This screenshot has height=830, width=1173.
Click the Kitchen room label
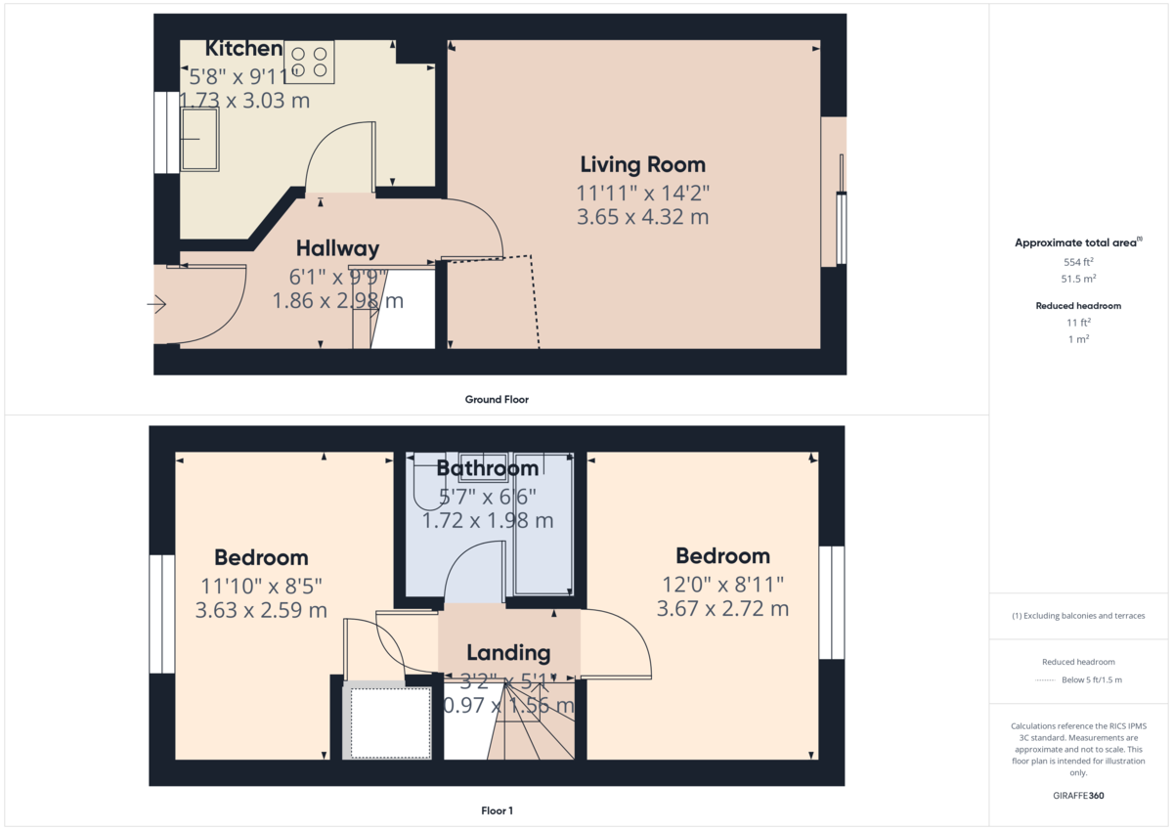pos(243,49)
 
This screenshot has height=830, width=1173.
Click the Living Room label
pos(642,164)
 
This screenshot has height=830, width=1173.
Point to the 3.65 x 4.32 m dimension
pos(642,216)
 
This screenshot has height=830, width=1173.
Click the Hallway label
pos(337,248)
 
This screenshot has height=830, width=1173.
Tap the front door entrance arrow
pos(157,305)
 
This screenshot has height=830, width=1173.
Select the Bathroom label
pos(488,468)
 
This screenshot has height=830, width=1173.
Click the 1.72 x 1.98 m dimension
pos(488,521)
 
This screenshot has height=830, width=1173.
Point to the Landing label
pos(508,652)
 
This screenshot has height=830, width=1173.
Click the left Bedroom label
pos(261,557)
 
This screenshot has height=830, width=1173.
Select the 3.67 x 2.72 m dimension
pos(722,608)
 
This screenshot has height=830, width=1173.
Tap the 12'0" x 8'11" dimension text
pos(722,584)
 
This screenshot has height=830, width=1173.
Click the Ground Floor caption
pos(497,399)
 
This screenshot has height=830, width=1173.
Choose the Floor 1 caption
pos(497,810)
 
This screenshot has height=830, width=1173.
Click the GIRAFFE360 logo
pos(1078,796)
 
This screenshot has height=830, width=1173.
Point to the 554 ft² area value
pos(1078,262)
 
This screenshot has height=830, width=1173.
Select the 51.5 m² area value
pos(1078,279)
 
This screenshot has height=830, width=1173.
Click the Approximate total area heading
pos(1077,242)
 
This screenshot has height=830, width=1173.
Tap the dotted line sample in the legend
pos(1047,679)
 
